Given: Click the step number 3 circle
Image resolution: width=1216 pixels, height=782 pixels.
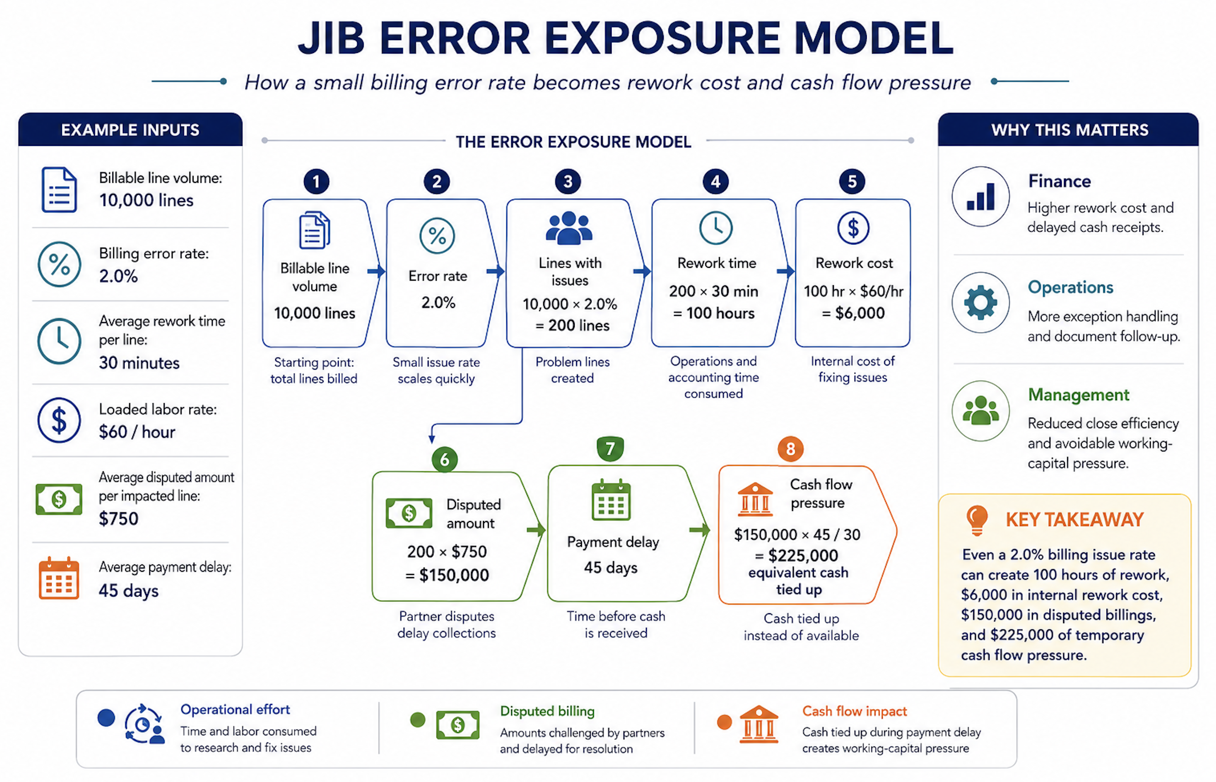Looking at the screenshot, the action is click(x=568, y=181).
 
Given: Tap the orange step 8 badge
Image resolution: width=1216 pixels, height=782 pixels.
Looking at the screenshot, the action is click(x=790, y=449).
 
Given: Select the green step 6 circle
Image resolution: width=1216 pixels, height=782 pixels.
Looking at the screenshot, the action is click(x=445, y=459).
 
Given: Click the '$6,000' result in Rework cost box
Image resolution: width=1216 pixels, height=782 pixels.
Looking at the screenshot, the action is click(x=860, y=313).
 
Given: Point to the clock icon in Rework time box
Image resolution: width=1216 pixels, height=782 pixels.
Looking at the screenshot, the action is click(x=716, y=228).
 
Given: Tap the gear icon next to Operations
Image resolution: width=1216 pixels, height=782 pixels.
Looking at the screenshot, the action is click(x=980, y=302).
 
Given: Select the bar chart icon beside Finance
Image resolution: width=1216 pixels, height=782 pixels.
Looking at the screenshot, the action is click(x=981, y=197).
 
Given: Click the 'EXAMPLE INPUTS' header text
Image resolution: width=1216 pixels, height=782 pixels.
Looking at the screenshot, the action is click(x=130, y=130).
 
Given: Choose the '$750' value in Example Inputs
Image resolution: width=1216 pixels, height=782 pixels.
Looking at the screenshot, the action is click(x=118, y=518).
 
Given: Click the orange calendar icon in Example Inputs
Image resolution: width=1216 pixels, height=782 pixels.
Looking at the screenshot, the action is click(x=59, y=578).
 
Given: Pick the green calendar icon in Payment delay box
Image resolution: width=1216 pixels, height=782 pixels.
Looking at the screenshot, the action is click(x=611, y=500).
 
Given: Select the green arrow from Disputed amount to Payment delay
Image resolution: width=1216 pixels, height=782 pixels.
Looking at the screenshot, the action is click(x=536, y=530).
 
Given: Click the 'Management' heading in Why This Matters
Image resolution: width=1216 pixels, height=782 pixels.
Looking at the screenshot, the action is click(x=1078, y=395).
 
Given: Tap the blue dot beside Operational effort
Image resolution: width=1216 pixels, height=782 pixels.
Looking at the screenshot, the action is click(x=106, y=718).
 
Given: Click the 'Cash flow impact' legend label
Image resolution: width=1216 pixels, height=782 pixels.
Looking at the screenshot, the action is click(x=854, y=711).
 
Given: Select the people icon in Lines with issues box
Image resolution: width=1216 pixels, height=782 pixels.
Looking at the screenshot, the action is click(x=569, y=228).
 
